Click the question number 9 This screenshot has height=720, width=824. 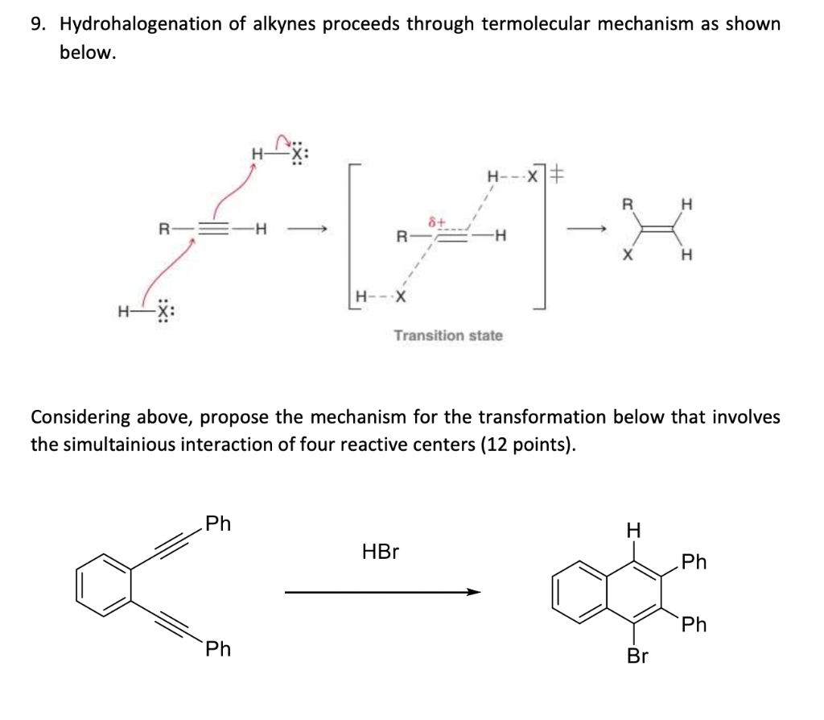pyautogui.click(x=37, y=24)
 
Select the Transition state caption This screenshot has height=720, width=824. pyautogui.click(x=448, y=335)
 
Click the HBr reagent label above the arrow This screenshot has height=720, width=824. pyautogui.click(x=381, y=552)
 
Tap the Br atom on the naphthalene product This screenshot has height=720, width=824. pyautogui.click(x=637, y=656)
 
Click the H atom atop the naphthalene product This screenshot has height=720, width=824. pyautogui.click(x=634, y=530)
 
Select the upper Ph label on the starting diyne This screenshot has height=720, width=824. pyautogui.click(x=217, y=524)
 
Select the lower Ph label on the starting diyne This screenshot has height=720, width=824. pyautogui.click(x=217, y=649)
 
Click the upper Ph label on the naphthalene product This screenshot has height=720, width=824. pyautogui.click(x=694, y=562)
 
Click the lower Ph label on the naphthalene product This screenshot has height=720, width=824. pyautogui.click(x=694, y=624)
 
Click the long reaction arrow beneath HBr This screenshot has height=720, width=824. pyautogui.click(x=382, y=594)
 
